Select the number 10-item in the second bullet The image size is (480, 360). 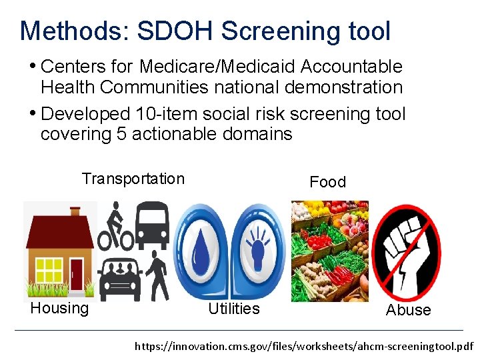click(173, 114)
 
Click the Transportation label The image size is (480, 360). click(133, 179)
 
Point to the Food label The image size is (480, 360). click(327, 182)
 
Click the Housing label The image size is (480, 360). click(59, 308)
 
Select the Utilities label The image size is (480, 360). click(233, 309)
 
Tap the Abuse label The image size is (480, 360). click(408, 310)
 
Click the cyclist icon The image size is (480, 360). click(116, 227)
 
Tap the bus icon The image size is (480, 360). click(153, 223)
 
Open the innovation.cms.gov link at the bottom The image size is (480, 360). click(303, 347)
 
